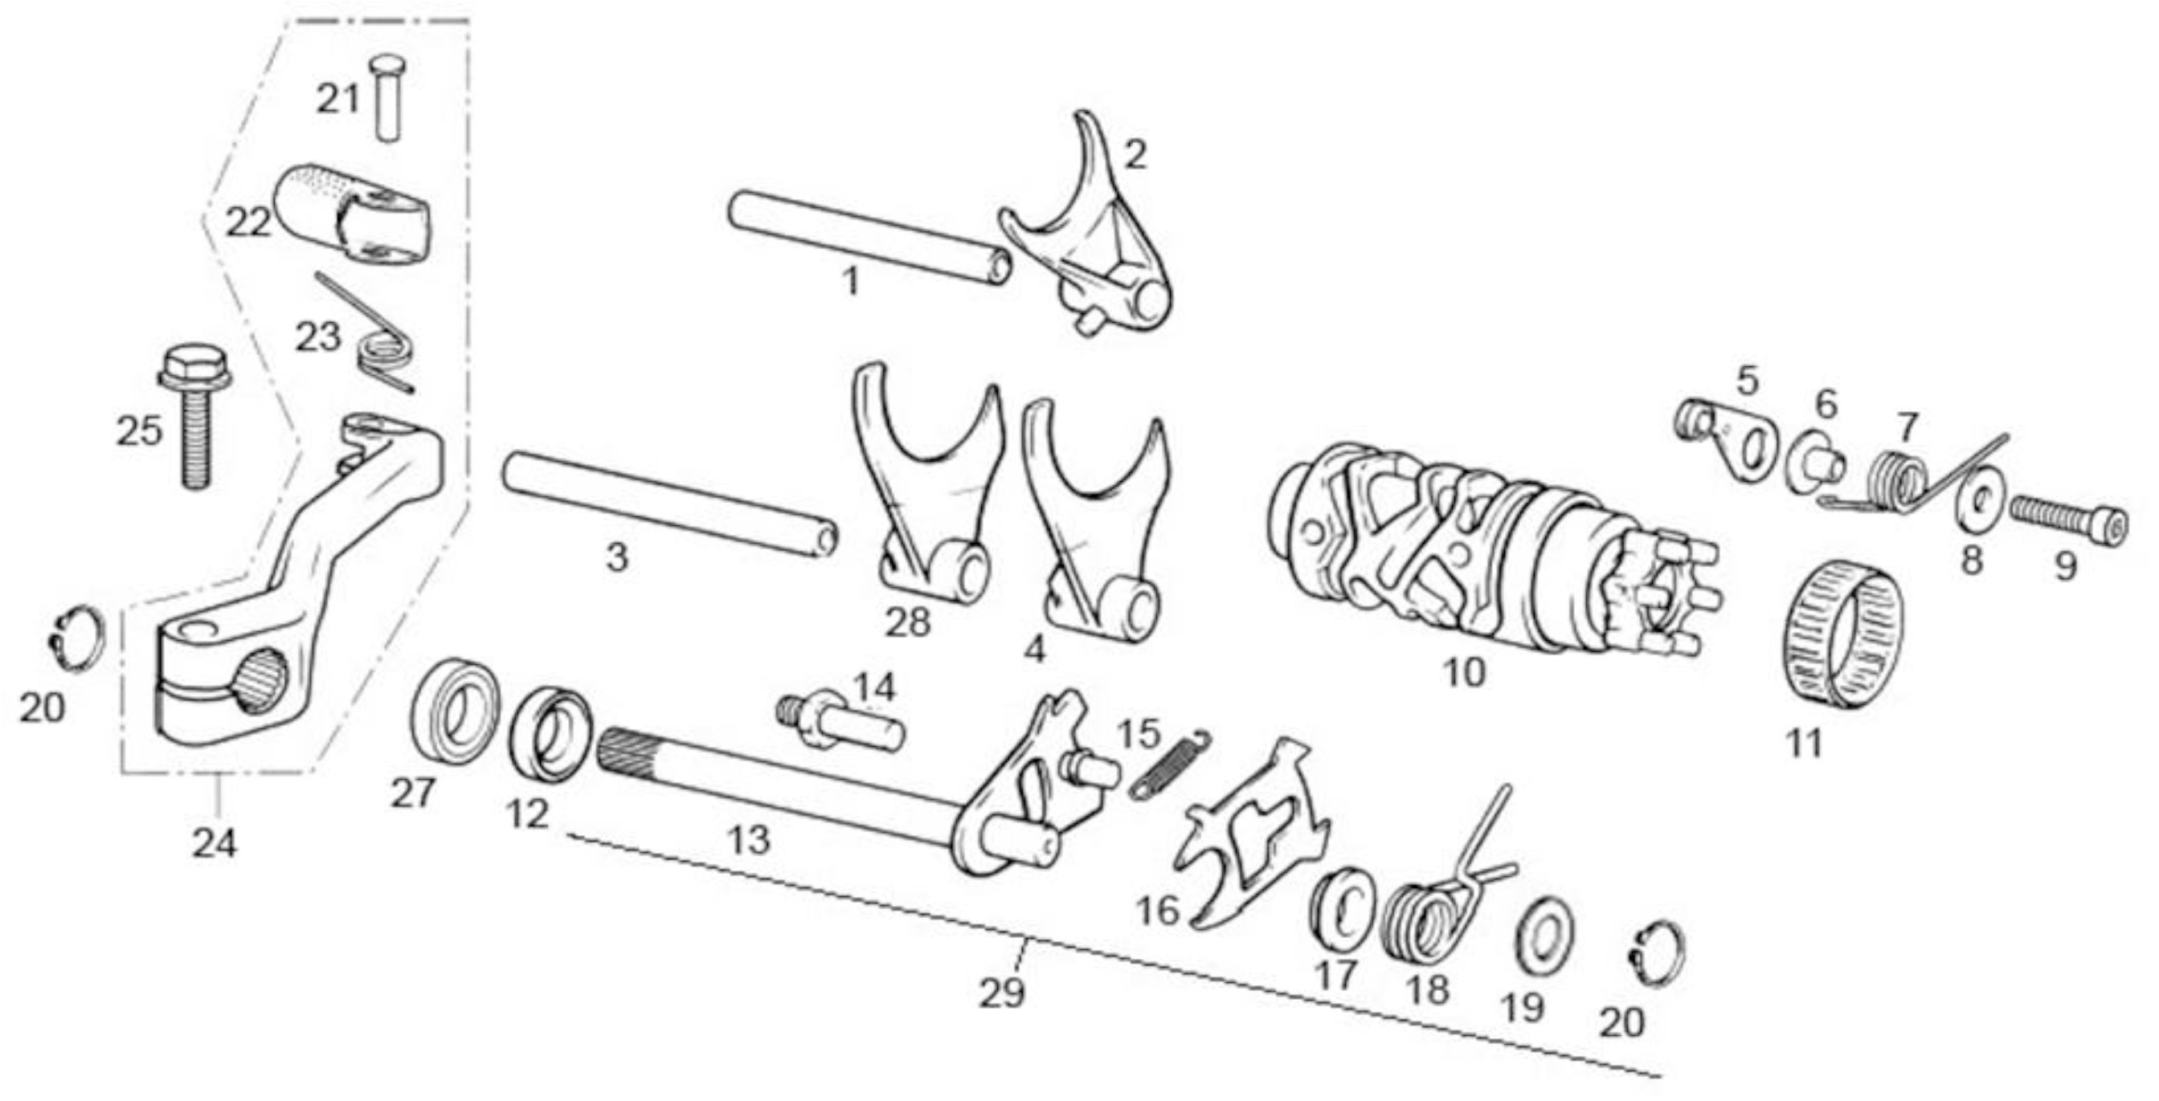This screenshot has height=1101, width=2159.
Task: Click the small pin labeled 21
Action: click(x=386, y=97)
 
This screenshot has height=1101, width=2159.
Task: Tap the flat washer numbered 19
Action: click(x=1545, y=938)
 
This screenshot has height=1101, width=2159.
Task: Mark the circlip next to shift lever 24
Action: click(x=76, y=637)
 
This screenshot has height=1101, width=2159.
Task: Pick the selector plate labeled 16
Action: click(x=1252, y=838)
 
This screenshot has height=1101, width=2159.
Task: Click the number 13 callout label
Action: click(x=748, y=838)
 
